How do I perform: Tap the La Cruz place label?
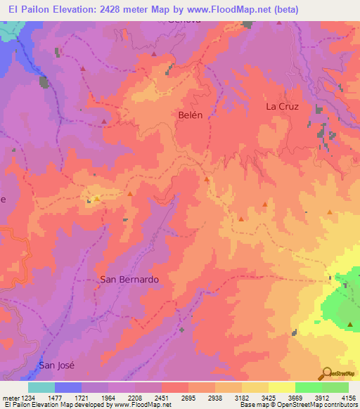pos(282,107)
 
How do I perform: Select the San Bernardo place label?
pos(129,279)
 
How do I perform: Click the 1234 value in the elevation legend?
pos(27,398)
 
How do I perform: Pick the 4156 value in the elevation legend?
pos(348,398)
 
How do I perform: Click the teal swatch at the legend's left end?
pos(41,387)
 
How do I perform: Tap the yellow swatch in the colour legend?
pos(281,387)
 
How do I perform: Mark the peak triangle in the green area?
pos(350,324)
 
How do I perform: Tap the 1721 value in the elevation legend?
pos(81,398)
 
